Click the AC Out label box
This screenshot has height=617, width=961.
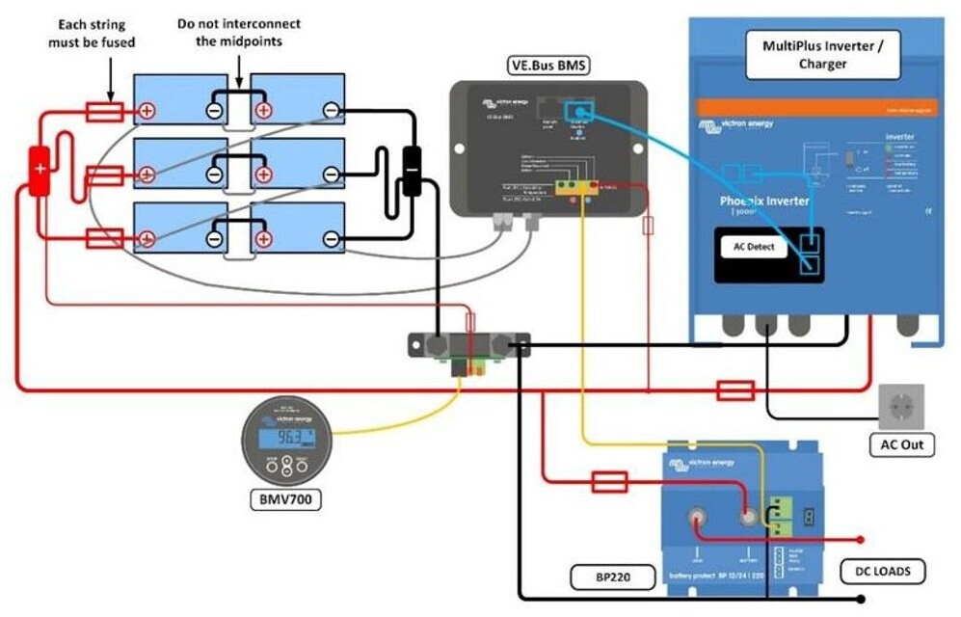901,445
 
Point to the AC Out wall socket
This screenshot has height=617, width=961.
901,407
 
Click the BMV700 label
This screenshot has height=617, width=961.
284,499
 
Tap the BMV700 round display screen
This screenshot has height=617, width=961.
285,438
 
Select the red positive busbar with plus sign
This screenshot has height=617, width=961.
40,171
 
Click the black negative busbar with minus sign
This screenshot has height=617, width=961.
412,171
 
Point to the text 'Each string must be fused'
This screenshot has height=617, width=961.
92,33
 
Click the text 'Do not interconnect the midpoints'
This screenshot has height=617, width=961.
238,32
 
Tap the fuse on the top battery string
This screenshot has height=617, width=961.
104,112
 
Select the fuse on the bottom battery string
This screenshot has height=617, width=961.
104,238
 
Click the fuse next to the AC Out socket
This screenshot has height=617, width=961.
735,390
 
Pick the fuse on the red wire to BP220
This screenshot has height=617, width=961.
609,481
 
